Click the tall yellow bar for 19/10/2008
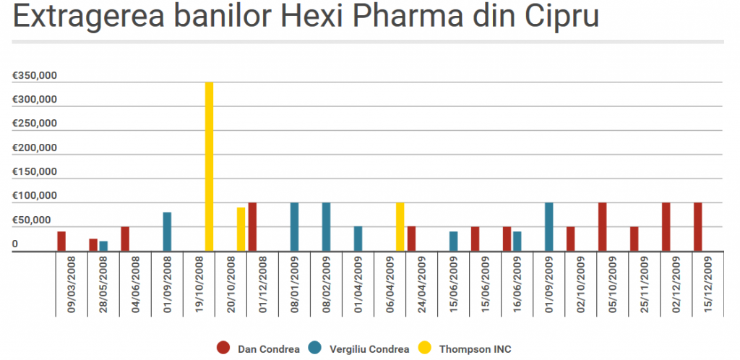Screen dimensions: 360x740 pos(210,167)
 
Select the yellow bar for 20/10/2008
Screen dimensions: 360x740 pos(241,230)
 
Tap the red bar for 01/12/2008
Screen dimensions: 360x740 pos(253,227)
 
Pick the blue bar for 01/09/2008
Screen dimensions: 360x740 pos(168,232)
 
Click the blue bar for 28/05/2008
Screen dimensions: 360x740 pos(103,247)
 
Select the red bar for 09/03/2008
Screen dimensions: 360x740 pos(61,241)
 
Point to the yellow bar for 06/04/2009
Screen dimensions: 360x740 pos(400,227)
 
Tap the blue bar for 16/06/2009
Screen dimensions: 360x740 pos(517,241)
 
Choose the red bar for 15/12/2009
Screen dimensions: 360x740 pos(698,227)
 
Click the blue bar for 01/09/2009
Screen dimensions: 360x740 pos(549,227)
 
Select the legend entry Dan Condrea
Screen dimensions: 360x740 pos(259,349)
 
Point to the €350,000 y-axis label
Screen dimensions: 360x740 pos(35,76)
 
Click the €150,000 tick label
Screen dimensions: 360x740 pos(35,172)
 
